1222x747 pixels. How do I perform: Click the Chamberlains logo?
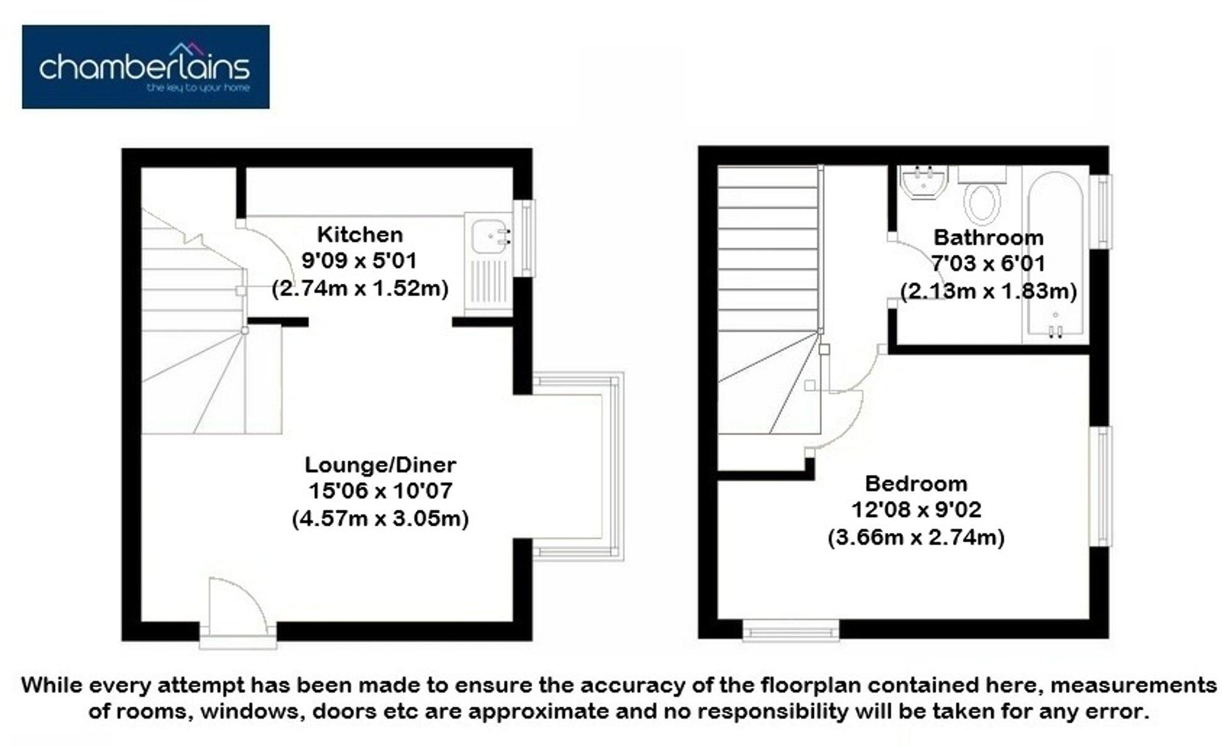click(145, 67)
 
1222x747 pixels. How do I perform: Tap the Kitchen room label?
click(360, 234)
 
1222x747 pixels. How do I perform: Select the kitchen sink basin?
click(488, 237)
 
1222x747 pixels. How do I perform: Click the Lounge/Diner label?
click(380, 464)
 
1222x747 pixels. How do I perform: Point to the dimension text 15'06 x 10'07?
click(380, 491)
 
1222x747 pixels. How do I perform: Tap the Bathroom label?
click(988, 237)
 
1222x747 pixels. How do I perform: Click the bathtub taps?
click(1055, 331)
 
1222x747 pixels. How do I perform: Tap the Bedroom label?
click(916, 483)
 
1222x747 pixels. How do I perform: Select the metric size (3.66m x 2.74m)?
click(916, 537)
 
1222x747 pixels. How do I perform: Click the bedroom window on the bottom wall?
click(790, 631)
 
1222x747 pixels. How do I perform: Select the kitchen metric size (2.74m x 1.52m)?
click(360, 288)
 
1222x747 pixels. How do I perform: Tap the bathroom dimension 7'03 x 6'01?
click(988, 264)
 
